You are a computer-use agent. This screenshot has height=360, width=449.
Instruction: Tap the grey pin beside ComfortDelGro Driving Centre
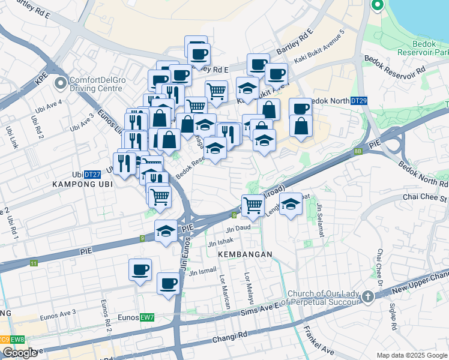[x=59, y=83]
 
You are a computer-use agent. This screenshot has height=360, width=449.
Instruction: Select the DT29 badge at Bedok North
[x=358, y=101]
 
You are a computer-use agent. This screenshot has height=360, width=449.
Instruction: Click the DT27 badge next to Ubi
[x=92, y=175]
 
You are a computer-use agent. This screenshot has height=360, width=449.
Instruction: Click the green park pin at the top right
[x=378, y=6]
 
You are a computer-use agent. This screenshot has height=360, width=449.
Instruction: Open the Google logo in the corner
[x=19, y=353]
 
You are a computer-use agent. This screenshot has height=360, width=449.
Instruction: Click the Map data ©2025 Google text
[x=412, y=356]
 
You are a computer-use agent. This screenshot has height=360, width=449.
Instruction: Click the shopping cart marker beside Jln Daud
[x=253, y=206]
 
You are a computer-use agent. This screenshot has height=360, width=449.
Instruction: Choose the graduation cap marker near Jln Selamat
[x=291, y=205]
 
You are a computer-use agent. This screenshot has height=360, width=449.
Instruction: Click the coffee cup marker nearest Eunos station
[x=169, y=283]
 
